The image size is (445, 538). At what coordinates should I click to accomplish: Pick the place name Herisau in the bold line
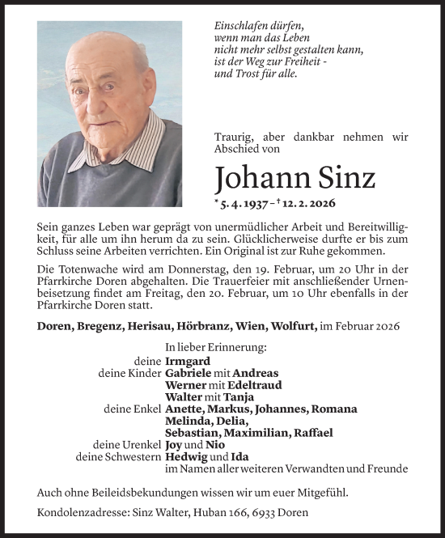pos(150,325)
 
